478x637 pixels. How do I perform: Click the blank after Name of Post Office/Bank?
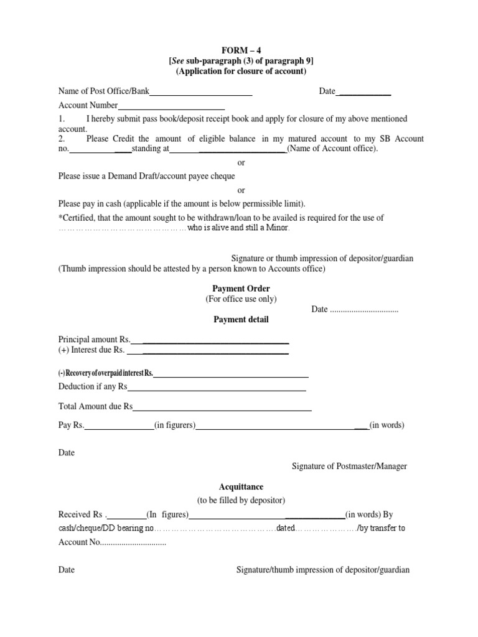pyautogui.click(x=200, y=92)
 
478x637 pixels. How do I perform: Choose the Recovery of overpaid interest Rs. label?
pyautogui.click(x=105, y=373)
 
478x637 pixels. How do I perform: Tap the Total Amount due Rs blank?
pyautogui.click(x=222, y=407)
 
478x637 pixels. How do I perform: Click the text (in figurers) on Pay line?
pyautogui.click(x=176, y=425)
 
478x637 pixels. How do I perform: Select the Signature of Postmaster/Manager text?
pyautogui.click(x=349, y=466)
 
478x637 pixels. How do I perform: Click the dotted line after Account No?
pyautogui.click(x=133, y=542)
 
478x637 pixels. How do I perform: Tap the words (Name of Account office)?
pyautogui.click(x=332, y=149)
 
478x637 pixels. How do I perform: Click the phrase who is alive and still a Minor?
pyautogui.click(x=238, y=228)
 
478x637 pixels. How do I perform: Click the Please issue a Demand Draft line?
pyautogui.click(x=146, y=177)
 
